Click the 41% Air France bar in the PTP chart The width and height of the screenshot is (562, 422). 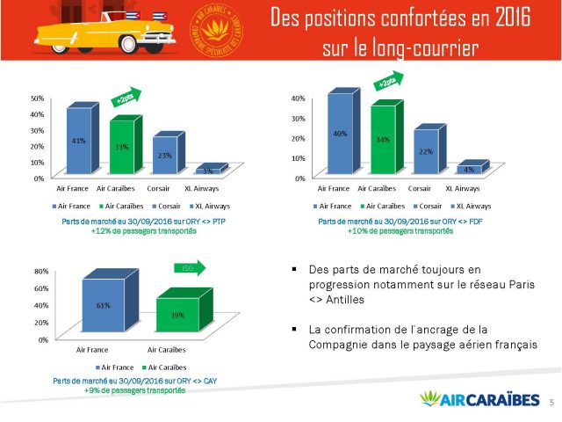tap(78, 141)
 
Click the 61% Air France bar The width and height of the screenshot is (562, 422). tap(104, 306)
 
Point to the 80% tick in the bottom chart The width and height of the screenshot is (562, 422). tap(41, 273)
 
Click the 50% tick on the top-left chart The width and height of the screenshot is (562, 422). tap(38, 98)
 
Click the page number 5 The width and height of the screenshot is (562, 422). tap(550, 402)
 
